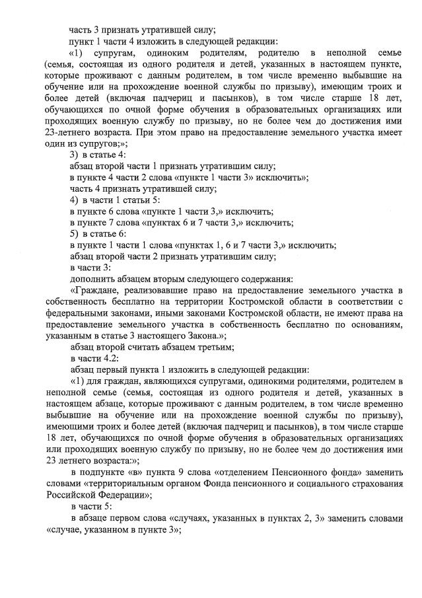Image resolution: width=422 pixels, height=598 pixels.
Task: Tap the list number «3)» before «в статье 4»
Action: pyautogui.click(x=75, y=155)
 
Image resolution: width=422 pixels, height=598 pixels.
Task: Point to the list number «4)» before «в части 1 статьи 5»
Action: pyautogui.click(x=75, y=200)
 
